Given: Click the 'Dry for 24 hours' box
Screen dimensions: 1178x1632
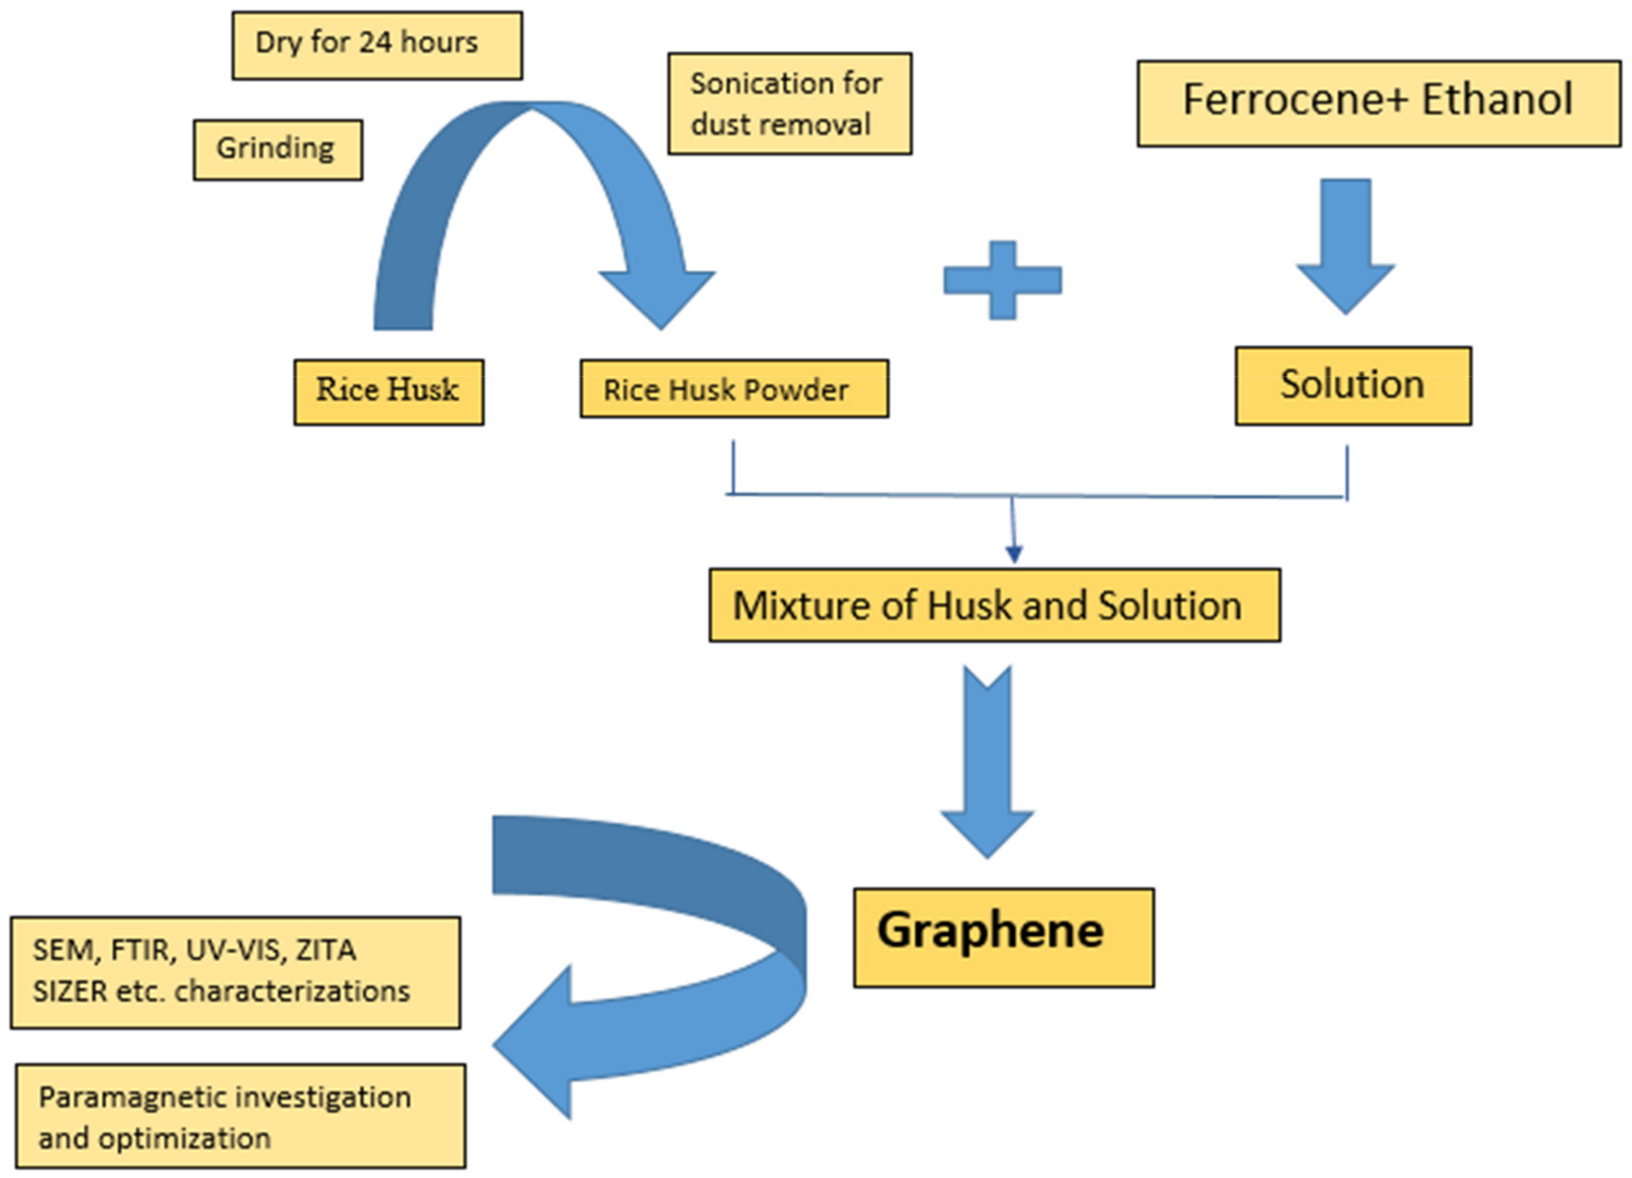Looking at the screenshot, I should (377, 45).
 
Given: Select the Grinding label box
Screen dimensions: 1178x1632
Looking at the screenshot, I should (278, 149).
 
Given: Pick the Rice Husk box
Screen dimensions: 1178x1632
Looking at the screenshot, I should (388, 392).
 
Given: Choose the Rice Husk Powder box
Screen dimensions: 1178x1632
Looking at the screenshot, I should (734, 388).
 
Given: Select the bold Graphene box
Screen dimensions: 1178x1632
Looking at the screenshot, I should (1004, 938).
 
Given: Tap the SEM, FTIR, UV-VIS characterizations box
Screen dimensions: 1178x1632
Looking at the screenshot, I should (235, 972).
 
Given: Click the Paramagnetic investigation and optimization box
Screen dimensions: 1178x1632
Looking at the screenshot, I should (240, 1116).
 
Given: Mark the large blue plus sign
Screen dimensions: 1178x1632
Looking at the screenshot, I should (1002, 280).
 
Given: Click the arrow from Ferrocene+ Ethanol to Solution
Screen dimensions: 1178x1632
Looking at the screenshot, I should (1345, 245).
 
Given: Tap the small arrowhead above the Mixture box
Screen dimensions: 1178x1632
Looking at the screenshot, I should (1014, 554).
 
